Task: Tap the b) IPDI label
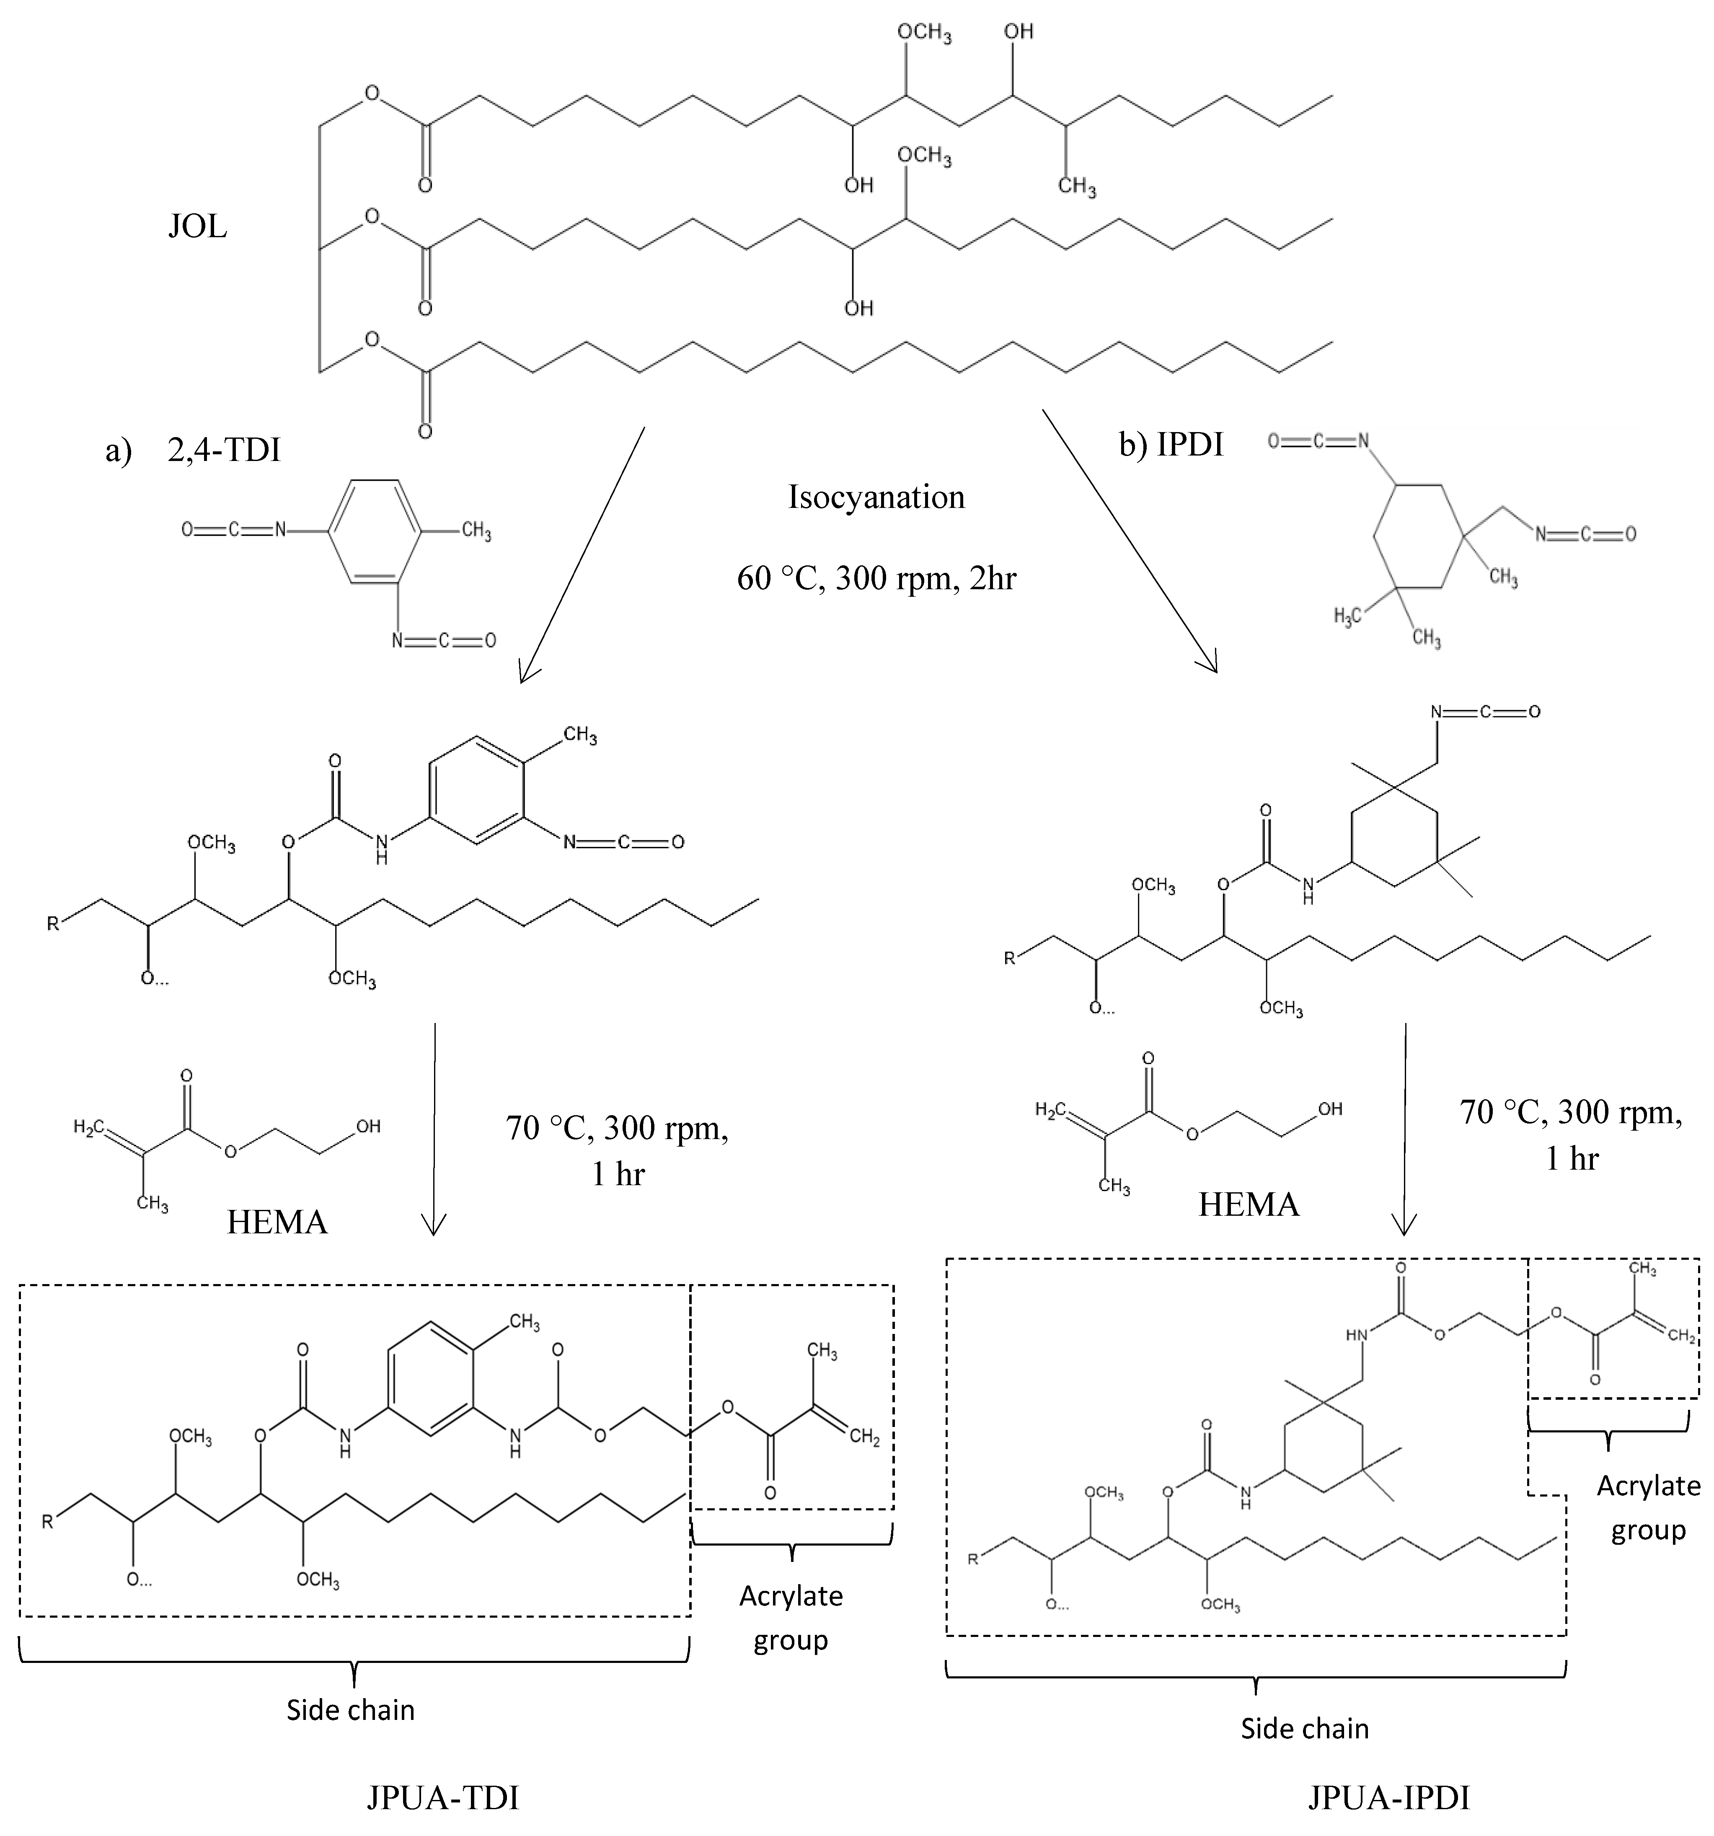1170,444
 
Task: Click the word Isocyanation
876,497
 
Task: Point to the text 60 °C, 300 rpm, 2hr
876,578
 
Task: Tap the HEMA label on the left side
277,1222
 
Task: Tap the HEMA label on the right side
1249,1204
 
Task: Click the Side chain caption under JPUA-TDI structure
350,1709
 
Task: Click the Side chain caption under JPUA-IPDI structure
1304,1728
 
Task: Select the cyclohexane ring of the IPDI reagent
1417,536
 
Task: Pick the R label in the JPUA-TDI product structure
48,1522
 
